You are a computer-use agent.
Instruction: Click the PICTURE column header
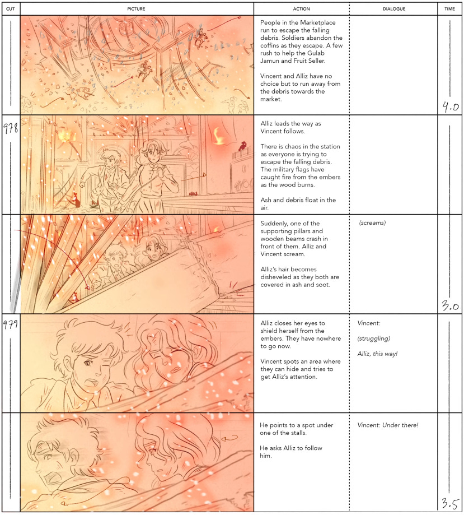point(136,9)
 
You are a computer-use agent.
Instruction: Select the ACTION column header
point(301,9)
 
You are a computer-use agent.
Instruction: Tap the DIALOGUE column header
point(394,9)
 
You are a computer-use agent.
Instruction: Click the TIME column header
point(449,9)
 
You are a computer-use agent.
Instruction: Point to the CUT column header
point(11,9)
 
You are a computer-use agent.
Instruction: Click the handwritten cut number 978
point(11,128)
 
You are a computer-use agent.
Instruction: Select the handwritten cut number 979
point(11,324)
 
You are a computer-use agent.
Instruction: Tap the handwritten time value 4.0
point(451,106)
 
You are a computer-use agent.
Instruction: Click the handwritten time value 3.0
point(450,306)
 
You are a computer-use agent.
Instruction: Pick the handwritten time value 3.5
point(450,503)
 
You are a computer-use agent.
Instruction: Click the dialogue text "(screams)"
point(372,223)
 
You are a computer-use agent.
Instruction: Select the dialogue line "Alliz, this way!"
point(377,354)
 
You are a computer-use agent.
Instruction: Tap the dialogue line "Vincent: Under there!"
point(388,425)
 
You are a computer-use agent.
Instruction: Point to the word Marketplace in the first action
point(316,22)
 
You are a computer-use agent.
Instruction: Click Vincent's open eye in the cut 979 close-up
point(87,363)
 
